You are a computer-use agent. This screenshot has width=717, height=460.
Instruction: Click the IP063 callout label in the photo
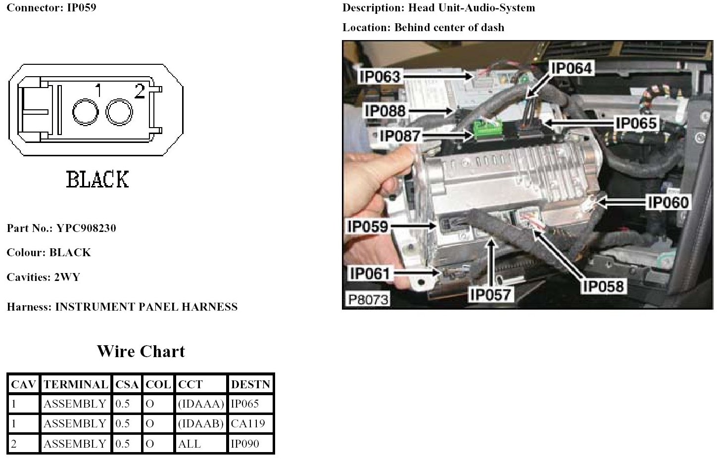click(380, 77)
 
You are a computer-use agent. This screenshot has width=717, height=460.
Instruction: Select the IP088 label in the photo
click(385, 111)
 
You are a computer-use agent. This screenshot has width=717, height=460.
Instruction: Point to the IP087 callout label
click(400, 136)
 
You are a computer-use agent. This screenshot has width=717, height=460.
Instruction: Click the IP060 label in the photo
click(668, 202)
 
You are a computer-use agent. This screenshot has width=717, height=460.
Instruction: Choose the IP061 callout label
click(370, 273)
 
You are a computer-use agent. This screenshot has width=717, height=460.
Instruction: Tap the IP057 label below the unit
click(490, 295)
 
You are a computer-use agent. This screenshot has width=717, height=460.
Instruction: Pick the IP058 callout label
click(603, 286)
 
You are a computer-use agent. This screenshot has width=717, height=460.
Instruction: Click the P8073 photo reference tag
click(368, 299)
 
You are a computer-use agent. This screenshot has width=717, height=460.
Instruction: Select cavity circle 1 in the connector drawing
click(86, 112)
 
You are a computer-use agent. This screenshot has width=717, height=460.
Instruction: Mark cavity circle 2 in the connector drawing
click(119, 112)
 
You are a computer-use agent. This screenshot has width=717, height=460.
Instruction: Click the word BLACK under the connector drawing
click(97, 180)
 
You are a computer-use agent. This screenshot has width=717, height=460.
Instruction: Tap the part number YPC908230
click(86, 229)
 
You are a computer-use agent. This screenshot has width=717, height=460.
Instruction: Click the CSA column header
click(127, 384)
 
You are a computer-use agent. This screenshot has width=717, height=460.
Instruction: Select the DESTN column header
click(250, 384)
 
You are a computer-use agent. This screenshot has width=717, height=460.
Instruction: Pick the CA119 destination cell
click(248, 424)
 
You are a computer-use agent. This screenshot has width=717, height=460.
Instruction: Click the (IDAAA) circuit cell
click(201, 404)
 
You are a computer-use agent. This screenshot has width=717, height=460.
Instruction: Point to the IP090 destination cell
click(245, 444)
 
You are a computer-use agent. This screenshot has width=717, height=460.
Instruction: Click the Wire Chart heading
click(141, 352)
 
